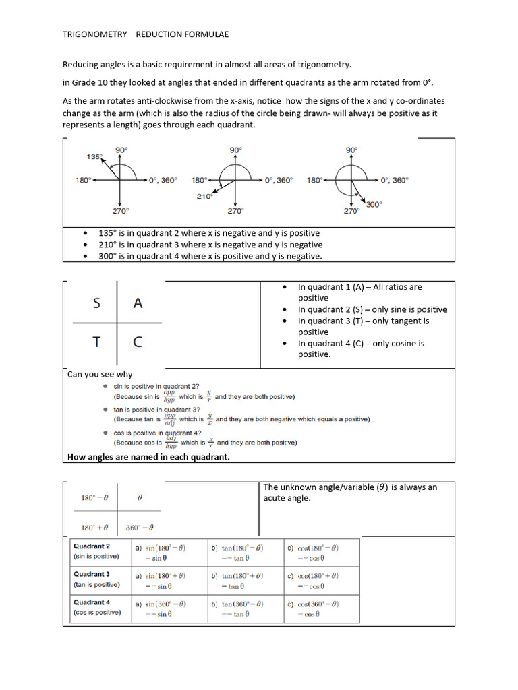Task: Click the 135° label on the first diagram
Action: tap(94, 156)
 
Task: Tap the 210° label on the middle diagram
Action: tap(204, 196)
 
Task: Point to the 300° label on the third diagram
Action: tap(374, 203)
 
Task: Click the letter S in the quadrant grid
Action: tap(97, 303)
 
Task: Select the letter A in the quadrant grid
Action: tap(138, 303)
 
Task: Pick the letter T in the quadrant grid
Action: tap(97, 342)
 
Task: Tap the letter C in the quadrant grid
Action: tap(138, 342)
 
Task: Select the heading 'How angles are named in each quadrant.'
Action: tap(148, 457)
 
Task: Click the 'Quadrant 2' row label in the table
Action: tap(92, 546)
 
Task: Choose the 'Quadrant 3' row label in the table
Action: tap(92, 574)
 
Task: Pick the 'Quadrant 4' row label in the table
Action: tap(92, 602)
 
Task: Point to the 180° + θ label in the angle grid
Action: tap(94, 527)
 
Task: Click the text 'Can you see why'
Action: tap(100, 374)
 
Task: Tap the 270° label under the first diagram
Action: tap(120, 211)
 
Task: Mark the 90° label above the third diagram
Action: tap(351, 150)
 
